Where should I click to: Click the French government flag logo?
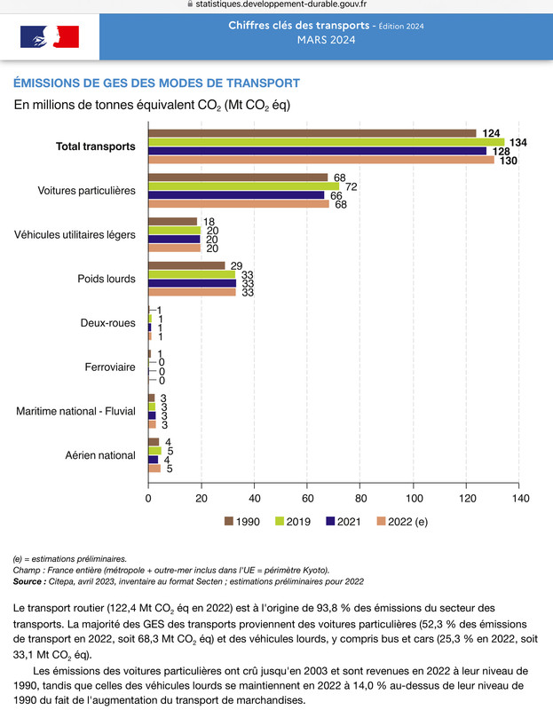coord(50,36)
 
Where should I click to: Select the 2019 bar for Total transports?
coord(326,142)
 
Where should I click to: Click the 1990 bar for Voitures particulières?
coord(238,177)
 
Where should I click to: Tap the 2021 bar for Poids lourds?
coord(192,283)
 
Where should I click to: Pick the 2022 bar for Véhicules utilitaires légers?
coord(174,248)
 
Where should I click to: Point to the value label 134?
coord(518,143)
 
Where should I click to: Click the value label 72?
coord(351,186)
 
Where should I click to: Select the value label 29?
coord(236,265)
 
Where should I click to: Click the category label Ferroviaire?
coord(110,367)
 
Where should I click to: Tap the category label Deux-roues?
coord(107,323)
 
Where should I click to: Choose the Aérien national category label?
coord(100,455)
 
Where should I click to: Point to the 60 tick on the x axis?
coord(307,499)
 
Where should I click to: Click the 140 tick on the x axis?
coord(521,499)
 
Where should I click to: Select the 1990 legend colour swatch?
coord(229,521)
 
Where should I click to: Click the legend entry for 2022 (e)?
coord(402,522)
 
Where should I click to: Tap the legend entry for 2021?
coord(344,522)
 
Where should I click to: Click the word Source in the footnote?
coord(28,581)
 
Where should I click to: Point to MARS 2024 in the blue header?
coord(326,40)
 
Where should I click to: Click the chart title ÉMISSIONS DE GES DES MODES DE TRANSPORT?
coord(157,83)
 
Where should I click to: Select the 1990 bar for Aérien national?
coord(154,442)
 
